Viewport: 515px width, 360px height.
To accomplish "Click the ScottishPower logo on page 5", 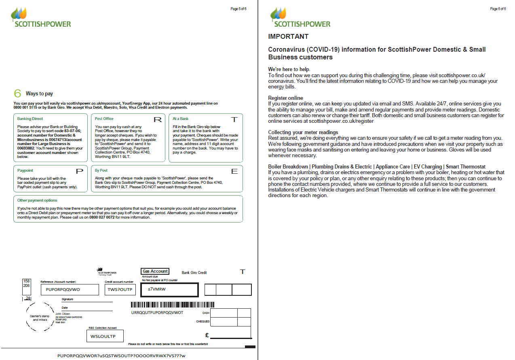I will [40, 18].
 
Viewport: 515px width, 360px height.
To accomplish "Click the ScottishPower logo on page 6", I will [300, 18].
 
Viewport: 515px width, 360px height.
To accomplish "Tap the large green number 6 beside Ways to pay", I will [17, 93].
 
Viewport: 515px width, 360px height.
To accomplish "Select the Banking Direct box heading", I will [30, 119].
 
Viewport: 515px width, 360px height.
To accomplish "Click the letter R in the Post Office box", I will [158, 120].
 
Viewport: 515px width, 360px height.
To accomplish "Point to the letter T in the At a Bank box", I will [234, 120].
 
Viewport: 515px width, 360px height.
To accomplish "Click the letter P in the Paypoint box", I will [80, 171].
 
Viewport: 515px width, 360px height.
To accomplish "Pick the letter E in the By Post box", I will [234, 171].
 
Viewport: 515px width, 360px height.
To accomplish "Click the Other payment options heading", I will [37, 200].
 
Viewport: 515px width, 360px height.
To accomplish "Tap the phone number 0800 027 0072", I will [101, 217].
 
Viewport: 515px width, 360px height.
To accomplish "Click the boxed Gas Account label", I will [155, 272].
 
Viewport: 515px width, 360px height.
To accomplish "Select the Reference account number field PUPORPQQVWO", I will [70, 290].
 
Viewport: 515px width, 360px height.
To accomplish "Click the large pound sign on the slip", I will [207, 335].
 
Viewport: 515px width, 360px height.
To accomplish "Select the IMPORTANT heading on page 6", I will [288, 37].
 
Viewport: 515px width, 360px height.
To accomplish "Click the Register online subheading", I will [285, 98].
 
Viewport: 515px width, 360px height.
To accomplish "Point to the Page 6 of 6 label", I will [498, 9].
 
